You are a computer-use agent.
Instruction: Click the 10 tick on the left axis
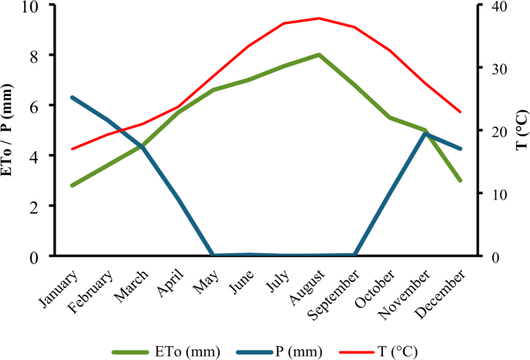coord(35,6)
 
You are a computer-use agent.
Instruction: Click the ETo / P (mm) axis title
coord(10,130)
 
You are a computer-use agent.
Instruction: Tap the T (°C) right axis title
coord(521,130)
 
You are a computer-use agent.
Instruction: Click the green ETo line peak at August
coord(319,55)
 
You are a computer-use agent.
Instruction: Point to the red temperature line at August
coord(319,18)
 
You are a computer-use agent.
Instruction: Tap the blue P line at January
coord(72,98)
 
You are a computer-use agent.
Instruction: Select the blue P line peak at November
coord(426,133)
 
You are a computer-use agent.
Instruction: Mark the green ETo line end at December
coord(461,180)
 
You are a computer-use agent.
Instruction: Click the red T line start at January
coord(72,149)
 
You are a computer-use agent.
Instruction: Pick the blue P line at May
coord(213,255)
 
